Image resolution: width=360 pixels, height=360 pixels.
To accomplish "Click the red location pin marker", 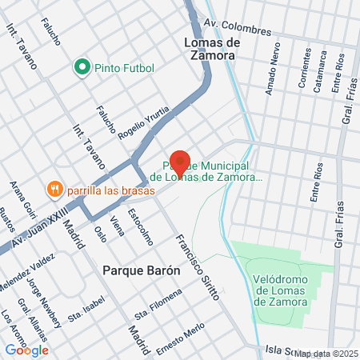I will click(x=179, y=162).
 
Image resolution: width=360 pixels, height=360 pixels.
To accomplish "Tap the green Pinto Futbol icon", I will click(x=81, y=67).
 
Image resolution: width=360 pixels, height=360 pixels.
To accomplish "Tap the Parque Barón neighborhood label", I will click(x=142, y=270).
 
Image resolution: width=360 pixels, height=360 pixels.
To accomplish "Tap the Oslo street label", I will click(x=100, y=233).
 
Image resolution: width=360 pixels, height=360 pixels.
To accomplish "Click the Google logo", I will click(x=26, y=350).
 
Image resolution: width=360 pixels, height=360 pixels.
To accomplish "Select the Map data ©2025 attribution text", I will click(x=326, y=353).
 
